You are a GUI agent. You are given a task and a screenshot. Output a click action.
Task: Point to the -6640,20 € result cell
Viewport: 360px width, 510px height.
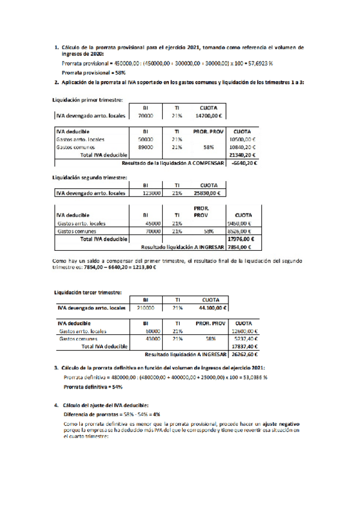pos(244,162)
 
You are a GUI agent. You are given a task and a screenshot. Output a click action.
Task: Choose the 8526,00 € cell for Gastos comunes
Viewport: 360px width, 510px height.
pos(242,230)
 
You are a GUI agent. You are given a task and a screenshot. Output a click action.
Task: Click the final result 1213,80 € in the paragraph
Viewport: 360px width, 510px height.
pos(143,267)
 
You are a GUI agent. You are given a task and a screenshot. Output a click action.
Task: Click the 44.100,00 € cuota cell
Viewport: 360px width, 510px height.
pos(212,307)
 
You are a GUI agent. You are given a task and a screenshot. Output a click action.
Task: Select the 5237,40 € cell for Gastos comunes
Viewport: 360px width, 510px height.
pos(244,339)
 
